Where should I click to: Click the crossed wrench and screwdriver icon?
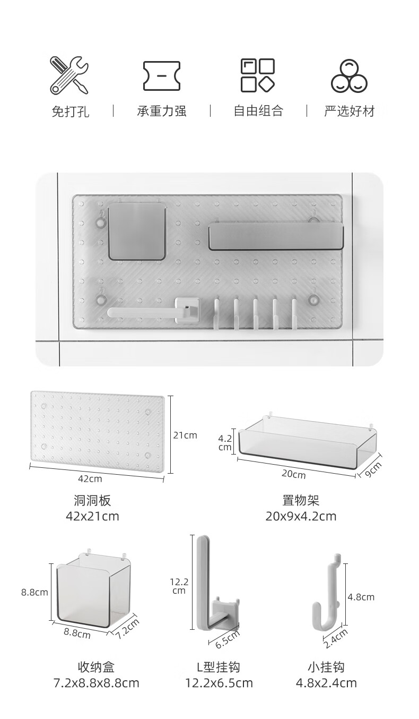[69, 75]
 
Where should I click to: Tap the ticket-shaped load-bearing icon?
[161, 75]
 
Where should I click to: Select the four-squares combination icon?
[258, 75]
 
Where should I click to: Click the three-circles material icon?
[349, 75]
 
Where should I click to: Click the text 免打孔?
[70, 112]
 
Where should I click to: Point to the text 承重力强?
[162, 112]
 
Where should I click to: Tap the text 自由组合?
[258, 112]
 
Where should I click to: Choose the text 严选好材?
[350, 112]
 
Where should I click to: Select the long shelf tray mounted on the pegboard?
[276, 237]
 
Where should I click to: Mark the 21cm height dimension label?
[185, 435]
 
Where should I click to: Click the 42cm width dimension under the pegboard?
[90, 478]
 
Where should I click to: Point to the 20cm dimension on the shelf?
[293, 474]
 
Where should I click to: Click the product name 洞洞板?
[92, 500]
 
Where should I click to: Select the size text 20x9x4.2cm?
[301, 516]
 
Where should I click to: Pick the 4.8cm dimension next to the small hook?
[361, 597]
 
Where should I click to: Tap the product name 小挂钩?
[326, 667]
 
